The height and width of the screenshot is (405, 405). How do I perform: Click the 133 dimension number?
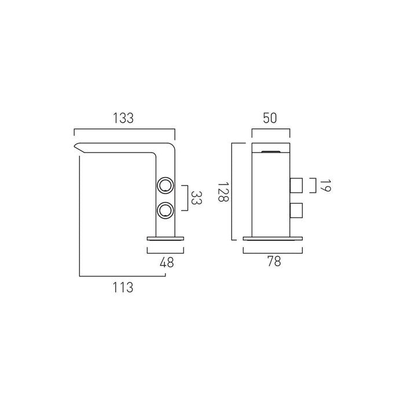point(123,118)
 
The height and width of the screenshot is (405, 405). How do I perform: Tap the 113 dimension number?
point(123,287)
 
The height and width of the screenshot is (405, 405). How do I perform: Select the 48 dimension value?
point(167,263)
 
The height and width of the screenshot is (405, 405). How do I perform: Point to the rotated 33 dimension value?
point(196,198)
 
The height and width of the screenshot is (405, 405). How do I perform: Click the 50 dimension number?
point(270,118)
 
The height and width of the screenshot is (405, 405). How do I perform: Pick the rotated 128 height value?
point(224,192)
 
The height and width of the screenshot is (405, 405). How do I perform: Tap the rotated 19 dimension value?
point(325,186)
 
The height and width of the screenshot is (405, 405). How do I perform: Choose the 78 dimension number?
point(274,262)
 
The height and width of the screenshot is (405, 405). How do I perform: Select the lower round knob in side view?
point(165,210)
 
